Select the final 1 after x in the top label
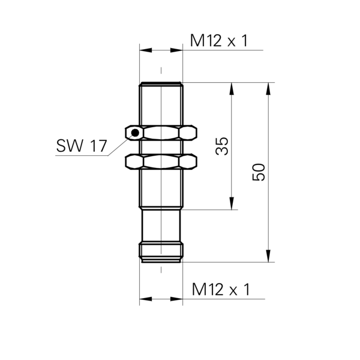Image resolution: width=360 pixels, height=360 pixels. click(245, 41)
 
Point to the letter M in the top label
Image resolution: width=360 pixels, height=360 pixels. click(197, 41)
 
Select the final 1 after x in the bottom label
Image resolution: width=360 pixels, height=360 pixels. click(247, 290)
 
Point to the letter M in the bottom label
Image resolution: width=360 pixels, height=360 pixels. click(199, 290)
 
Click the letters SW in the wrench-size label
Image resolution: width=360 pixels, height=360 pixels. click(69, 146)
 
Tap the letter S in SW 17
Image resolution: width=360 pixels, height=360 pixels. click(61, 146)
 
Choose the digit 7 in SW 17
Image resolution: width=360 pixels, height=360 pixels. click(103, 146)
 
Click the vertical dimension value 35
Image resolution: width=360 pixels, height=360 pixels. click(222, 146)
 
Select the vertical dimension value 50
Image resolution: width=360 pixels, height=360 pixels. click(259, 173)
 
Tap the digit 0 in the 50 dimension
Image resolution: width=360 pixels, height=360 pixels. click(259, 169)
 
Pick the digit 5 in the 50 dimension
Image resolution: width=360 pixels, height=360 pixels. click(259, 178)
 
